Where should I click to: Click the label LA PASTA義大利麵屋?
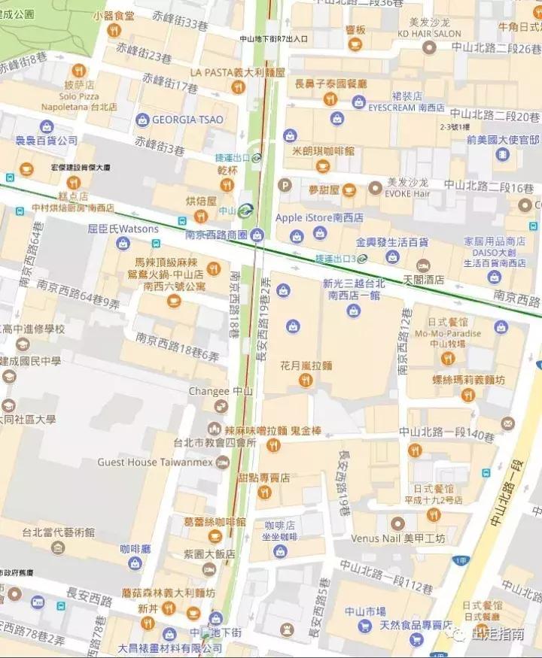pos(237,72)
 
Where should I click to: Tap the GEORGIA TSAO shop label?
pos(188,120)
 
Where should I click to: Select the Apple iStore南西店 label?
pos(319,217)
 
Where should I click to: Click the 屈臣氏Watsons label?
pos(123,227)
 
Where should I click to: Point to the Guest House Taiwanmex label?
pos(155,462)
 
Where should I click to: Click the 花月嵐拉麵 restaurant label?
pos(306,365)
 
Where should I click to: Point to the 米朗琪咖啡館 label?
pos(323,151)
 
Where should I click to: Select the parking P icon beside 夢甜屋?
pos(285,184)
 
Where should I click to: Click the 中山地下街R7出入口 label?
pos(273,38)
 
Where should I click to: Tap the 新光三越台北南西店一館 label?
pos(353,290)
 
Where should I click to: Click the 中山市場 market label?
pos(365,611)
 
